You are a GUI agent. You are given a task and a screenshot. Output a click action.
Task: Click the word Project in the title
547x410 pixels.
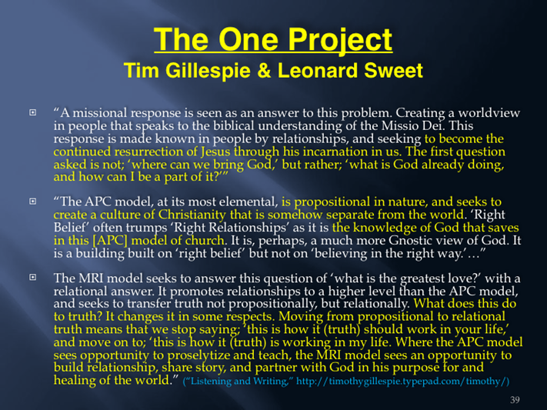click(x=340, y=40)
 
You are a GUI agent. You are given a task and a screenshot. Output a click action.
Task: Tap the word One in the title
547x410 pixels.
click(x=248, y=39)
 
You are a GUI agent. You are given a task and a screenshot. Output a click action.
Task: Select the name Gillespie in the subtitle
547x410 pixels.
click(x=208, y=71)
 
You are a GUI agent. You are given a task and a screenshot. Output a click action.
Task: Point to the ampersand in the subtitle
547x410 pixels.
click(x=264, y=71)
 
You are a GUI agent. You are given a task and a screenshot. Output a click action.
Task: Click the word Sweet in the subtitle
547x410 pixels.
click(x=393, y=71)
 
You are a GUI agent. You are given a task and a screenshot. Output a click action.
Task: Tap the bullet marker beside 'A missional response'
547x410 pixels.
click(x=33, y=112)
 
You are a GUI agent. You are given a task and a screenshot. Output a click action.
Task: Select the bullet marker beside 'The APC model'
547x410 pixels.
click(x=33, y=202)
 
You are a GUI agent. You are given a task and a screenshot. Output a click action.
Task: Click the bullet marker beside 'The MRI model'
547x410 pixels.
click(x=33, y=277)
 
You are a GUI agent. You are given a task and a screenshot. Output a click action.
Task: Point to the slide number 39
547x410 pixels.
click(x=515, y=399)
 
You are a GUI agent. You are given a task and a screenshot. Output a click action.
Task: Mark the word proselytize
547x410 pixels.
click(x=198, y=355)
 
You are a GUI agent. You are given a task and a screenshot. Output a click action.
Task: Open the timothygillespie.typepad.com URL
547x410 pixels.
click(x=402, y=381)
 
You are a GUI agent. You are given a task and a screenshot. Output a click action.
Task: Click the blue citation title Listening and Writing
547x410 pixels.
click(x=236, y=381)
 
